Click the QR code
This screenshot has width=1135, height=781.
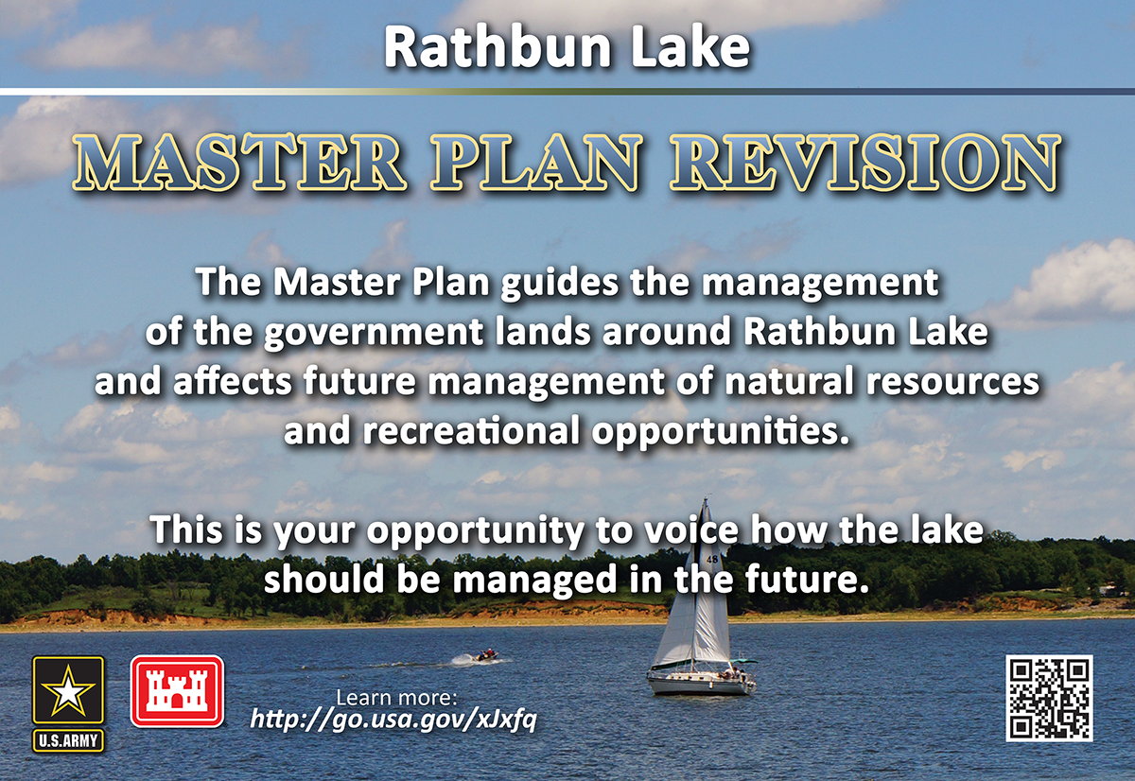pyautogui.click(x=1049, y=698)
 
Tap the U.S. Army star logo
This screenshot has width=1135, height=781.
pyautogui.click(x=68, y=690)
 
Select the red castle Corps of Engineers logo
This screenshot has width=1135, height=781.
pyautogui.click(x=178, y=691)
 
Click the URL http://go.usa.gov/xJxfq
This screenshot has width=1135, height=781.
pyautogui.click(x=393, y=720)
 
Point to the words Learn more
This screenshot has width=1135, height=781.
pyautogui.click(x=396, y=698)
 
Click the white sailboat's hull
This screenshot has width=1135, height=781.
pyautogui.click(x=702, y=684)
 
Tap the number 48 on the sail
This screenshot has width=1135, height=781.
pyautogui.click(x=712, y=559)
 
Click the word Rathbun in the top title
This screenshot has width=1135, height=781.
pyautogui.click(x=498, y=46)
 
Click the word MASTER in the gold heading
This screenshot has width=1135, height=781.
pyautogui.click(x=239, y=163)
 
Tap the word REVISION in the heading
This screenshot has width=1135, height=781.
pyautogui.click(x=865, y=163)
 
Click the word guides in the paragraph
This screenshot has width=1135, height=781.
pyautogui.click(x=560, y=283)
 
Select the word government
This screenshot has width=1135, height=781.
pyautogui.click(x=374, y=333)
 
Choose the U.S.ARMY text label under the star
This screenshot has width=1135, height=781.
pyautogui.click(x=68, y=741)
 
